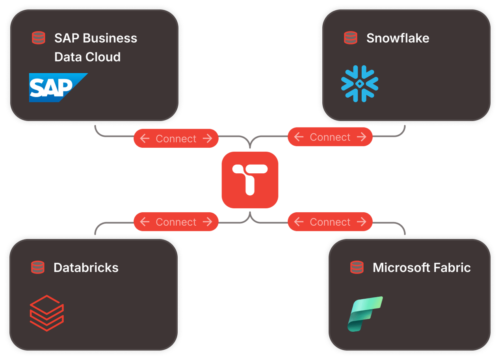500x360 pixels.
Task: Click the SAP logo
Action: [58, 87]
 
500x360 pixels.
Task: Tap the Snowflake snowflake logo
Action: [359, 84]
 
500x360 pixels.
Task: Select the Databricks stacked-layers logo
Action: [47, 313]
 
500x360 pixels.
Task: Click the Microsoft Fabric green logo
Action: [365, 314]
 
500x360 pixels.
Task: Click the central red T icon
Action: [250, 180]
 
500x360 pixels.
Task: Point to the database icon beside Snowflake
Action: [350, 38]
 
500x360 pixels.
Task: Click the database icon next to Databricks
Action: [38, 267]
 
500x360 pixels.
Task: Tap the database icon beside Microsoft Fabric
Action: [357, 267]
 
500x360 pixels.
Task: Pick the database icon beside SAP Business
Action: [38, 38]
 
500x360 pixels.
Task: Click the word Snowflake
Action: [398, 38]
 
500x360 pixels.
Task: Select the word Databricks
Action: [86, 268]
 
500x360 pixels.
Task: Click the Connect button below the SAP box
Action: [176, 139]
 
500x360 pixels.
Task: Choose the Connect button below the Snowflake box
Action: [330, 137]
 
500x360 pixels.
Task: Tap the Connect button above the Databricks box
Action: [176, 222]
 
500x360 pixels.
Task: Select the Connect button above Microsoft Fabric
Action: [330, 222]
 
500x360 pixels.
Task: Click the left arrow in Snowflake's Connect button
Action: [299, 137]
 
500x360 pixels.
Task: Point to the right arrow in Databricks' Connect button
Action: [207, 222]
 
